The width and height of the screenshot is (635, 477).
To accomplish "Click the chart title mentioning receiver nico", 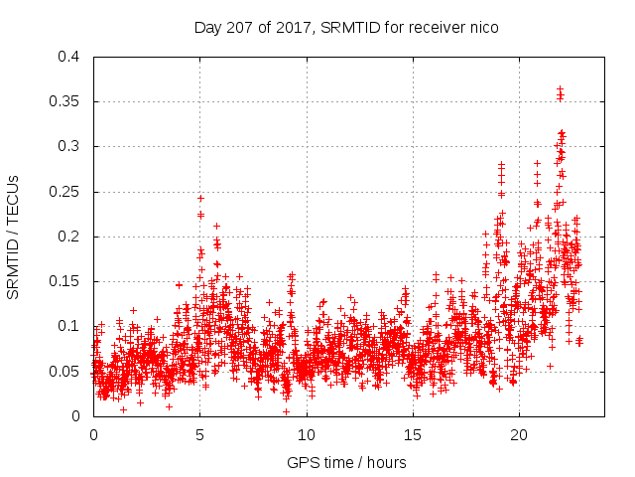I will tap(346, 27).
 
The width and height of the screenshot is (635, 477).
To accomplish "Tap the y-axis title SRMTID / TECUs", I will tap(14, 237).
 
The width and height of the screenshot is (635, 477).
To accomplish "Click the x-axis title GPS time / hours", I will tap(346, 462).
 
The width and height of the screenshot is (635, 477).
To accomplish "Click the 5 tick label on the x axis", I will tap(200, 434).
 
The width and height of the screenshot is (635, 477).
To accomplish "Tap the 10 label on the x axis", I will tap(307, 434).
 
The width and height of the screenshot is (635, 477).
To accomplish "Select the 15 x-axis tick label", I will tap(413, 434).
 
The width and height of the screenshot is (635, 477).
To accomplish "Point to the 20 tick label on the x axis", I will tap(519, 434).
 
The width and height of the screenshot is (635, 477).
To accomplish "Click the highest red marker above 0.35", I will tap(560, 88).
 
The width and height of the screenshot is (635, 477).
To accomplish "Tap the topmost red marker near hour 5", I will tap(200, 198).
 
